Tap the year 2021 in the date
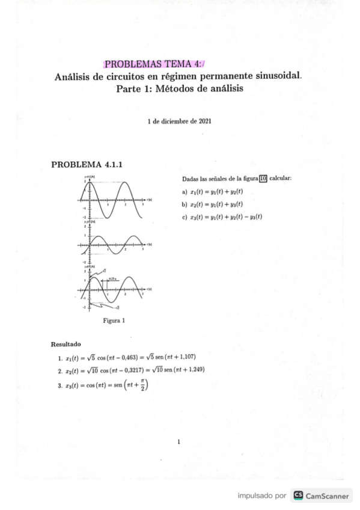coord(203,121)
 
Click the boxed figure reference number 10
coord(263,178)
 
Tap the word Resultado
coord(66,345)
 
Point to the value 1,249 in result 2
coord(194,370)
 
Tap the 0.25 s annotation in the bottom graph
coord(112,278)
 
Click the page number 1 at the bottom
coord(179,443)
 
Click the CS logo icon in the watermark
coord(297,496)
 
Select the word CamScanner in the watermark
coord(329,496)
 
